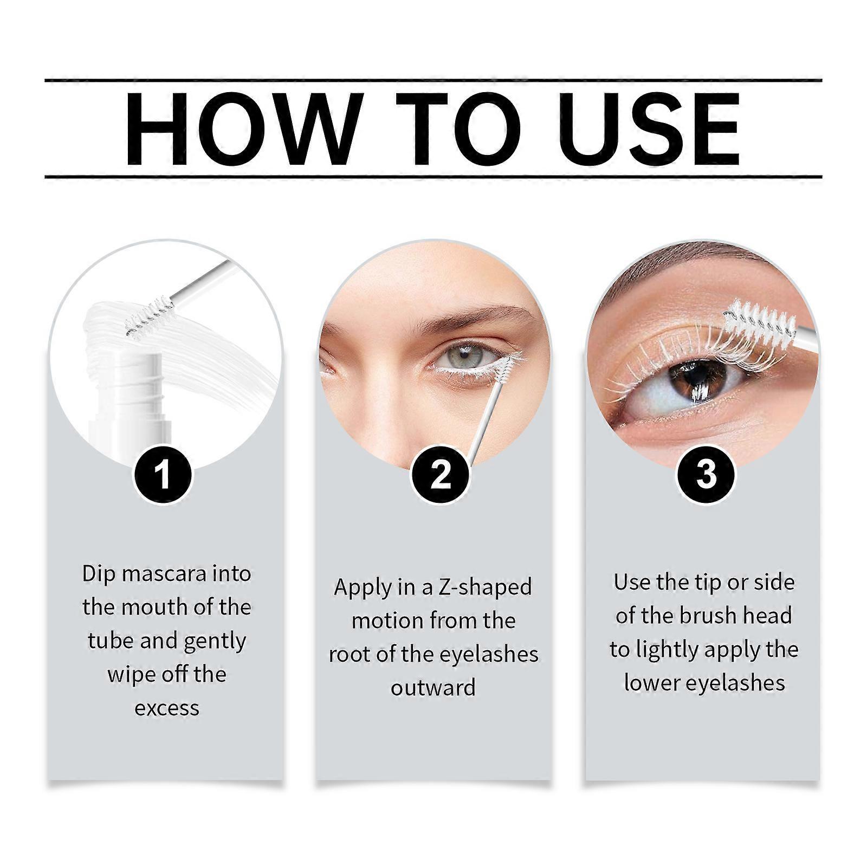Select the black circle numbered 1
163,474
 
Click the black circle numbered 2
441,474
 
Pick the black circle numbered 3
706,474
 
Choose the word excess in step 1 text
167,708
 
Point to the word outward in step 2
433,688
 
